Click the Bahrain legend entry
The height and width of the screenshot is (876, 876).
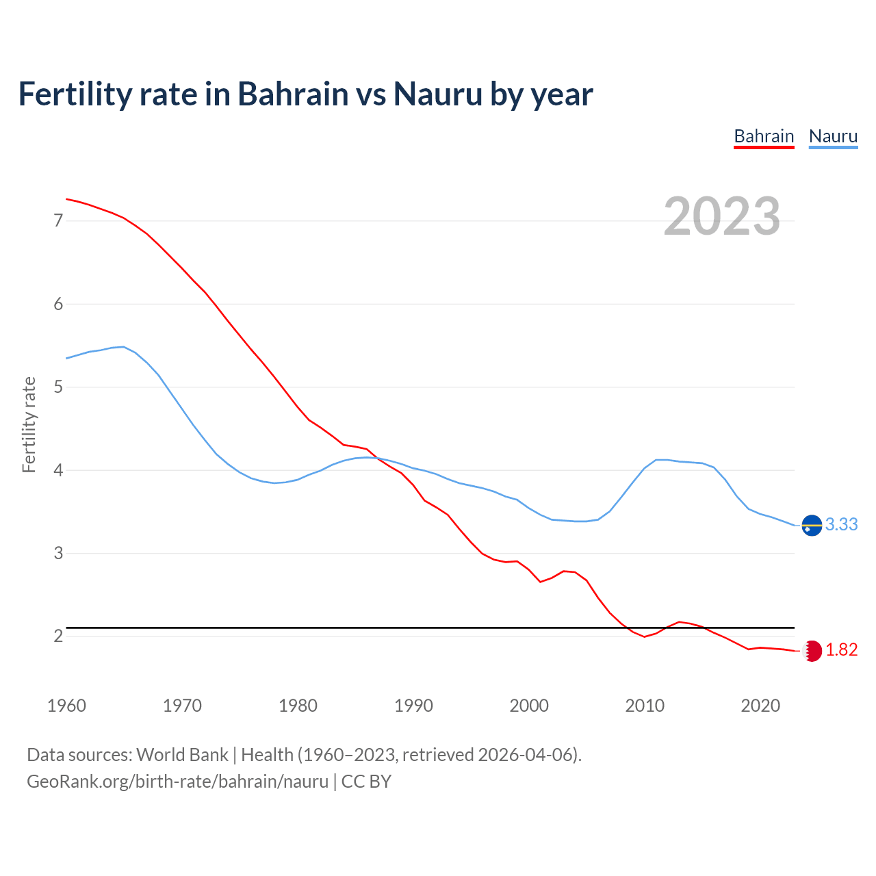764,136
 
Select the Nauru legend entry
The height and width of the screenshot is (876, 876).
833,136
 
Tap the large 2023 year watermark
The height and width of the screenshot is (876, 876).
721,216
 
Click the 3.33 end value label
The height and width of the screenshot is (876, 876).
841,524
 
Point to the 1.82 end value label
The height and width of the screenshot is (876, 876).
841,650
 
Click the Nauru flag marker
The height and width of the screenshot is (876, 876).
812,525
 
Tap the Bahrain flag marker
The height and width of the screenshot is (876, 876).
812,651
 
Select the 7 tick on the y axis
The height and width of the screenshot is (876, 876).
57,220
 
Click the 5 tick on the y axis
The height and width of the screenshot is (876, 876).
57,387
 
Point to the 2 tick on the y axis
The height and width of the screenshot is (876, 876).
57,636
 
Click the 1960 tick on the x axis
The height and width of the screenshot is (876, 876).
66,706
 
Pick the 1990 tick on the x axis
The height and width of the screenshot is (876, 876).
413,706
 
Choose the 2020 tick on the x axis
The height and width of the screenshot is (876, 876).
760,706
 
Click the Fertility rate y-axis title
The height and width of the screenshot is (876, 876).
29,424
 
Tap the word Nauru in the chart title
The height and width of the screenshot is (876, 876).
437,94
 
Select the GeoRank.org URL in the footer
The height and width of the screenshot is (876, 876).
177,782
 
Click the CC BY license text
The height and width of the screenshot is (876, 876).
366,782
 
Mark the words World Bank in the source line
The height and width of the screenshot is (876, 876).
182,755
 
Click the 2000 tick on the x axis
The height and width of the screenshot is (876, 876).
529,706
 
